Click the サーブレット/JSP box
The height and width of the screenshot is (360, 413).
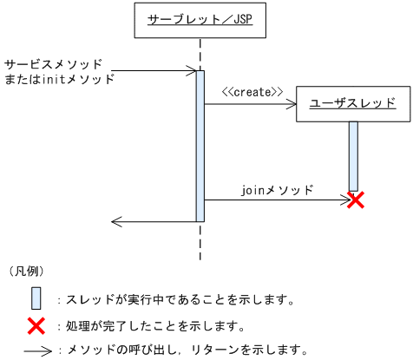point(200,19)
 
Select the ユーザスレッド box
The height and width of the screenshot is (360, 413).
point(353,103)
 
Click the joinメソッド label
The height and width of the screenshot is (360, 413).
point(277,187)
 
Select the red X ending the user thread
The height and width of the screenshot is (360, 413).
point(354,200)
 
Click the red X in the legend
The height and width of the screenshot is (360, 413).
point(36,326)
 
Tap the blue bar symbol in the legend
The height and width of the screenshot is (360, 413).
point(36,298)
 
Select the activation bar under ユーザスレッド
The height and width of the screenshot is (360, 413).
point(353,155)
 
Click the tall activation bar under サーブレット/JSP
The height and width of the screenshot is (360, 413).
point(200,146)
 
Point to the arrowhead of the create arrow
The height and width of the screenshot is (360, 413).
point(292,104)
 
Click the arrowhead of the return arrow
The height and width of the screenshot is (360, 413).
point(115,221)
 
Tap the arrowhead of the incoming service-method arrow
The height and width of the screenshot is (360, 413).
point(193,71)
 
